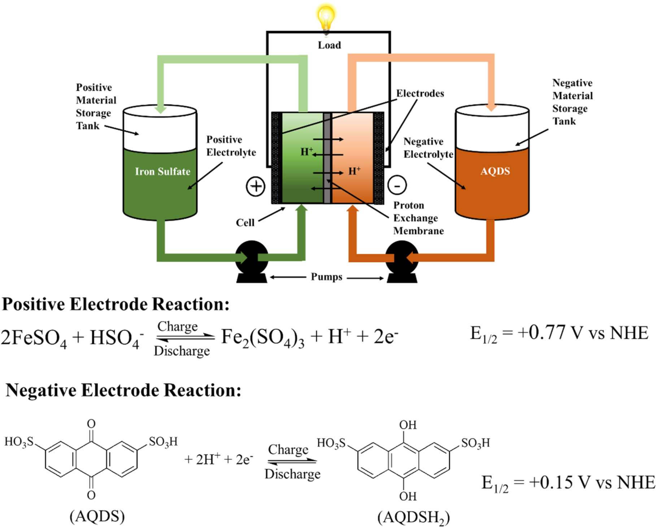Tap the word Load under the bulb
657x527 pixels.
329,45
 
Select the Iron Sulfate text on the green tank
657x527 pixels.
162,171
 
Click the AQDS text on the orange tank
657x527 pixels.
495,171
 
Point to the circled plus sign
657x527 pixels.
256,187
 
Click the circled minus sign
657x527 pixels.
397,186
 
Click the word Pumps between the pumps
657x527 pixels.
326,277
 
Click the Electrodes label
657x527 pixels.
420,93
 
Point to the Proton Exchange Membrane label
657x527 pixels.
418,218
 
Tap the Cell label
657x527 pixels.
245,223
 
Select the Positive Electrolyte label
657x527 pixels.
231,146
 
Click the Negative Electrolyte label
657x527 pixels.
428,148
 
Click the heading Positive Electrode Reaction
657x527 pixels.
116,304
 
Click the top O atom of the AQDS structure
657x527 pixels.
91,423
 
